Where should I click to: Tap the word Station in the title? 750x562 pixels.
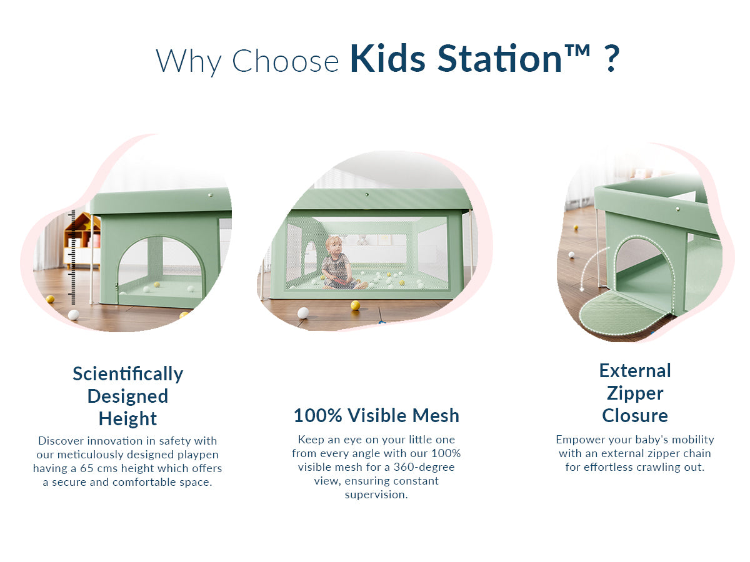click(499, 58)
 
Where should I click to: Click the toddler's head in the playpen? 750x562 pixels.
click(334, 245)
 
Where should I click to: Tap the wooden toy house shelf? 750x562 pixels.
click(82, 240)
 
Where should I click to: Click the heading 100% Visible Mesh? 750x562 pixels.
click(376, 415)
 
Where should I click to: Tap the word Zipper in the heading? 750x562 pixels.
click(635, 393)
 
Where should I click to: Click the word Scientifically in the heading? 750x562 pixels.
click(127, 374)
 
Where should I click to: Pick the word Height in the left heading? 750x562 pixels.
click(127, 418)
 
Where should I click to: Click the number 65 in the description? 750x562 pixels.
click(86, 468)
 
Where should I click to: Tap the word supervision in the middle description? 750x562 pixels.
click(375, 495)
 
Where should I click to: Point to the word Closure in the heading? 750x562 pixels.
click(635, 416)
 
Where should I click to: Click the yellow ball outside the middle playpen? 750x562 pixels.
click(356, 305)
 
